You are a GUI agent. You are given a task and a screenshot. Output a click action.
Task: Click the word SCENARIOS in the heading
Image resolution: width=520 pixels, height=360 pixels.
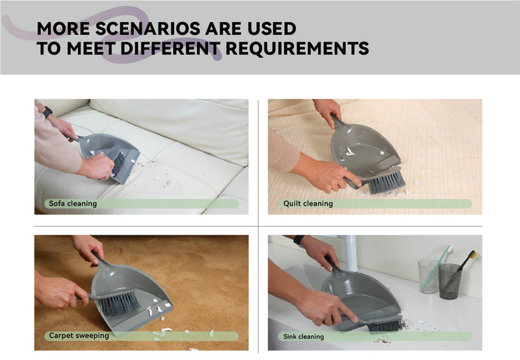148,29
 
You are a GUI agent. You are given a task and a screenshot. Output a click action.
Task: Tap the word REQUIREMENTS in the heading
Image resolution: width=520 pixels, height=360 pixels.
297,48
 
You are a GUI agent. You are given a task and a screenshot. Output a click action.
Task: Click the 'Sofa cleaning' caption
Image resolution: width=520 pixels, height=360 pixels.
73,203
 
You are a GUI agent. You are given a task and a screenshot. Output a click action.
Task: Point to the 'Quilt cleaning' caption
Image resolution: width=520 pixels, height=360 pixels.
308,203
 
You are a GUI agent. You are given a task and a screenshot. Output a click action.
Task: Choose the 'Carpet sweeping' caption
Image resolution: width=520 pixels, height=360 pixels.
79,335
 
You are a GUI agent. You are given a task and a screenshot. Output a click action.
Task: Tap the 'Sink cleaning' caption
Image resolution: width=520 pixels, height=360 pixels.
304,337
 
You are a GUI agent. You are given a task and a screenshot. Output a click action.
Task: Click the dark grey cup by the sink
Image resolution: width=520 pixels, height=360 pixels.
450,281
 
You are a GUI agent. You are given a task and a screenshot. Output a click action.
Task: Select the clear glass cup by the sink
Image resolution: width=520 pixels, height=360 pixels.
428,276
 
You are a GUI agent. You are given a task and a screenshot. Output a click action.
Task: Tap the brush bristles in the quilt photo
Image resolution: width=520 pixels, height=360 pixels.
387,182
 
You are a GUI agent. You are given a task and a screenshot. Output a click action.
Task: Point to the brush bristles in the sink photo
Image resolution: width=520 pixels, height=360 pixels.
385,326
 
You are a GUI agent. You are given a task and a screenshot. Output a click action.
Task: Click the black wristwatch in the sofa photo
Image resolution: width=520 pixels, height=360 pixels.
47,112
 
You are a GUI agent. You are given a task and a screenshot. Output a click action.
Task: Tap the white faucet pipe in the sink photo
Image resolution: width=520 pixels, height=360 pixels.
350,253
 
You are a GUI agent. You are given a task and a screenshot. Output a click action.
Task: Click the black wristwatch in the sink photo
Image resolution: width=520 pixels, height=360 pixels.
298,240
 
